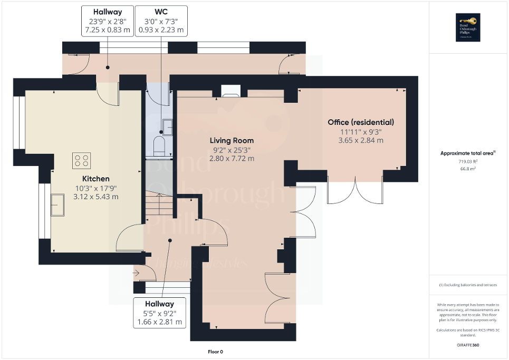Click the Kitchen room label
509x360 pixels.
pos(96,179)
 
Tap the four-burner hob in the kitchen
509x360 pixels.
pos(81,160)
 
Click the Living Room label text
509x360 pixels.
pos(232,141)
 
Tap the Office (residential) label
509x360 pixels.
pos(361,122)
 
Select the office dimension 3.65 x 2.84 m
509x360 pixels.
pos(361,140)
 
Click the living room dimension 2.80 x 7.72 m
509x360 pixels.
pos(232,158)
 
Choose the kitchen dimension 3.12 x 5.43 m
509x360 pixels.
pos(96,197)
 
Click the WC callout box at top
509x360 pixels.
pos(161,21)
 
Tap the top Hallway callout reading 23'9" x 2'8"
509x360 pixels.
pos(108,21)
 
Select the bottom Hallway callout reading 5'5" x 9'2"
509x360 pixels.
pos(159,313)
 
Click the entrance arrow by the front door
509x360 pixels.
pos(137,273)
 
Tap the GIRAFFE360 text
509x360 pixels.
pos(468,345)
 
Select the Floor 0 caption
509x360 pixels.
pos(215,352)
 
